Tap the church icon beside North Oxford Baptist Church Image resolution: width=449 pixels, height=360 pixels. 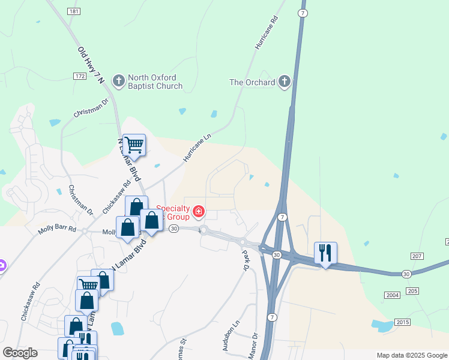pos(119,80)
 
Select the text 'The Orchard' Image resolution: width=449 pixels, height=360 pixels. pos(253,82)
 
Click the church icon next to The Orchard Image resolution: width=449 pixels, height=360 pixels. pos(284,82)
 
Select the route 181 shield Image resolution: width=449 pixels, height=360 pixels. pos(74,11)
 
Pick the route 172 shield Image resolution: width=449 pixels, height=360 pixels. pos(80,76)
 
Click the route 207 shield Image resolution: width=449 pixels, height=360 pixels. pos(417,256)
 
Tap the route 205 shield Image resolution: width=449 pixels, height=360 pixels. pos(412,291)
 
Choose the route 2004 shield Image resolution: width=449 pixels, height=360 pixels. pos(392,295)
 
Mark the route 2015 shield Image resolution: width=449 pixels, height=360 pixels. pos(403,323)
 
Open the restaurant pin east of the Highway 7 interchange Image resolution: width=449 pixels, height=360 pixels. pos(325,253)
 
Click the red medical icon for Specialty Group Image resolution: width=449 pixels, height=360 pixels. pos(198,211)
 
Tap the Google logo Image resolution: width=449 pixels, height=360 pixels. pos(20,353)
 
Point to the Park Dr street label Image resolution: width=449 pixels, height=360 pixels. pos(246,262)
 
